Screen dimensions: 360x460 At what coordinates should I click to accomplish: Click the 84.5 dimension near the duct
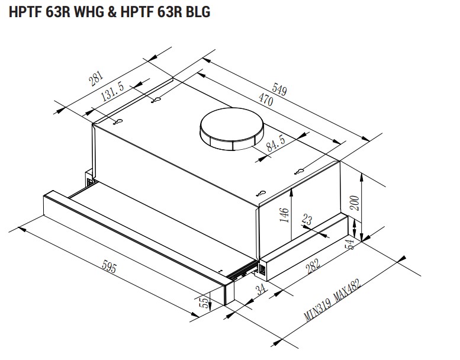[275, 143]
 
